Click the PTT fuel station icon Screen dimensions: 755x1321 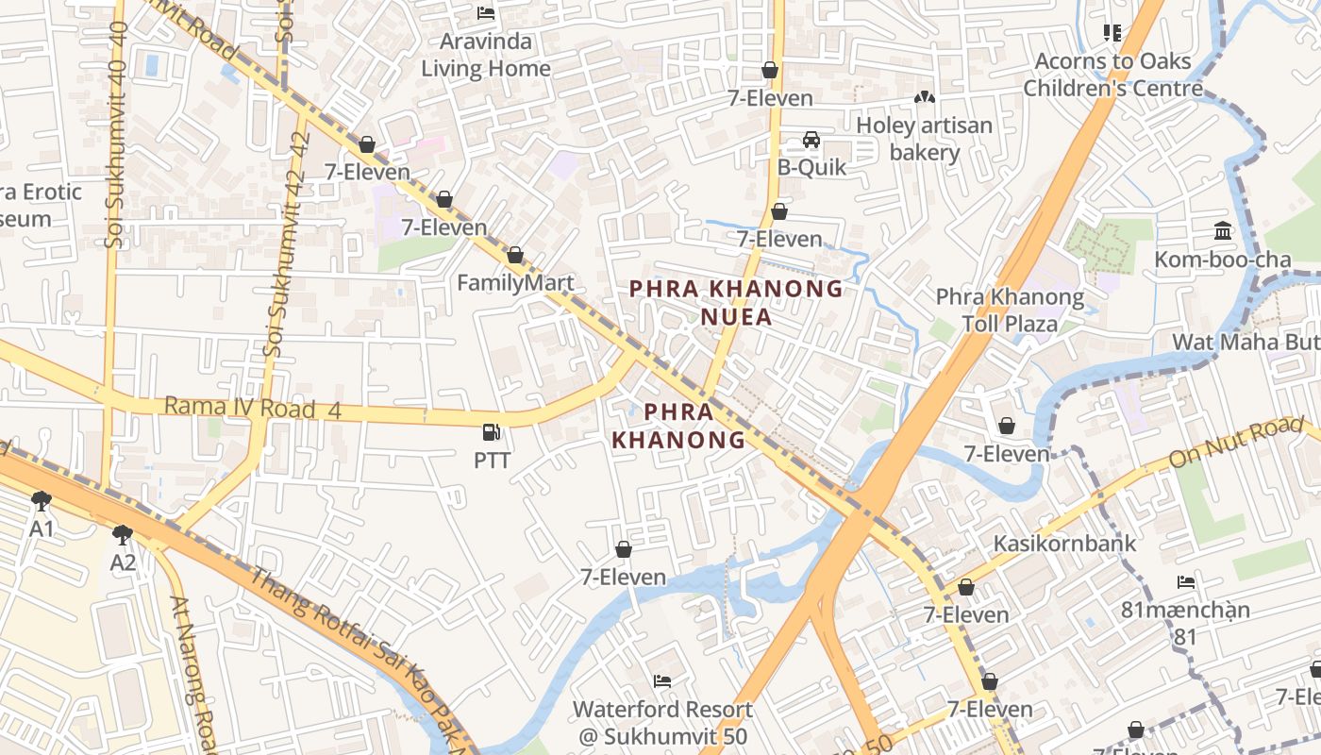[x=491, y=432]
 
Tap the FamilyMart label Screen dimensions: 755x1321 [x=515, y=283]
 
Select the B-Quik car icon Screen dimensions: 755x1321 [x=811, y=140]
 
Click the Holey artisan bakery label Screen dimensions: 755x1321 [x=925, y=139]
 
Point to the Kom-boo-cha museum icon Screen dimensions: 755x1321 [x=1223, y=230]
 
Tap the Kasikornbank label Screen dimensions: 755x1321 [x=1064, y=544]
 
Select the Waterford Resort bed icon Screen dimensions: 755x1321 [x=662, y=681]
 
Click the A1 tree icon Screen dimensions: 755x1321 [x=41, y=500]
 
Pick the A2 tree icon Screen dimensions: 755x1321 [x=123, y=535]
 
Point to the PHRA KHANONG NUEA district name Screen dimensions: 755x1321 [x=736, y=302]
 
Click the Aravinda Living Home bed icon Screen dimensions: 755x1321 [x=486, y=13]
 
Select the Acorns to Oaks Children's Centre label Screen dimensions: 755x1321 [x=1113, y=75]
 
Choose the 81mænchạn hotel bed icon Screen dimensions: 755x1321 [x=1186, y=581]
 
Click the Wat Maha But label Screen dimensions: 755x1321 [x=1246, y=342]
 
